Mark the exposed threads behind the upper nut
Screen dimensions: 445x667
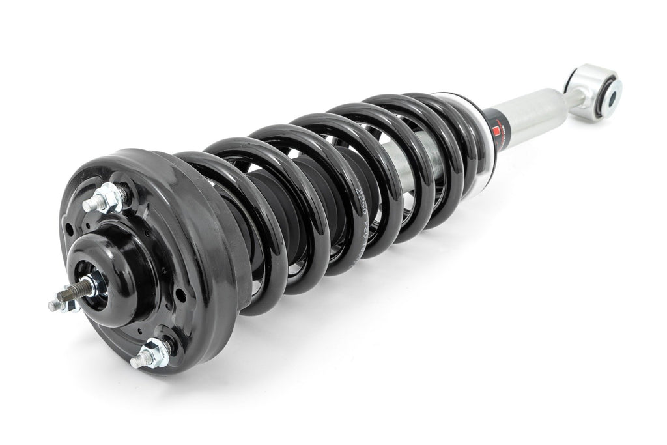pyautogui.click(x=124, y=194)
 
